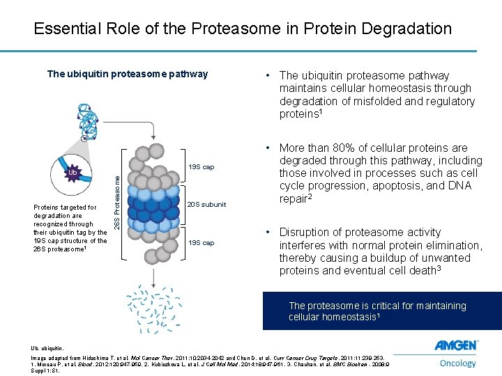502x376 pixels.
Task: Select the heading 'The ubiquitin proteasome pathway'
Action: [x=127, y=74]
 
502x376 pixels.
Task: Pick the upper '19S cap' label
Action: [x=201, y=167]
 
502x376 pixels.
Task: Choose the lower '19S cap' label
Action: [x=201, y=243]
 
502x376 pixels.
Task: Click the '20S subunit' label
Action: [x=206, y=205]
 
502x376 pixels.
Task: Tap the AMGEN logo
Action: [x=456, y=345]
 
